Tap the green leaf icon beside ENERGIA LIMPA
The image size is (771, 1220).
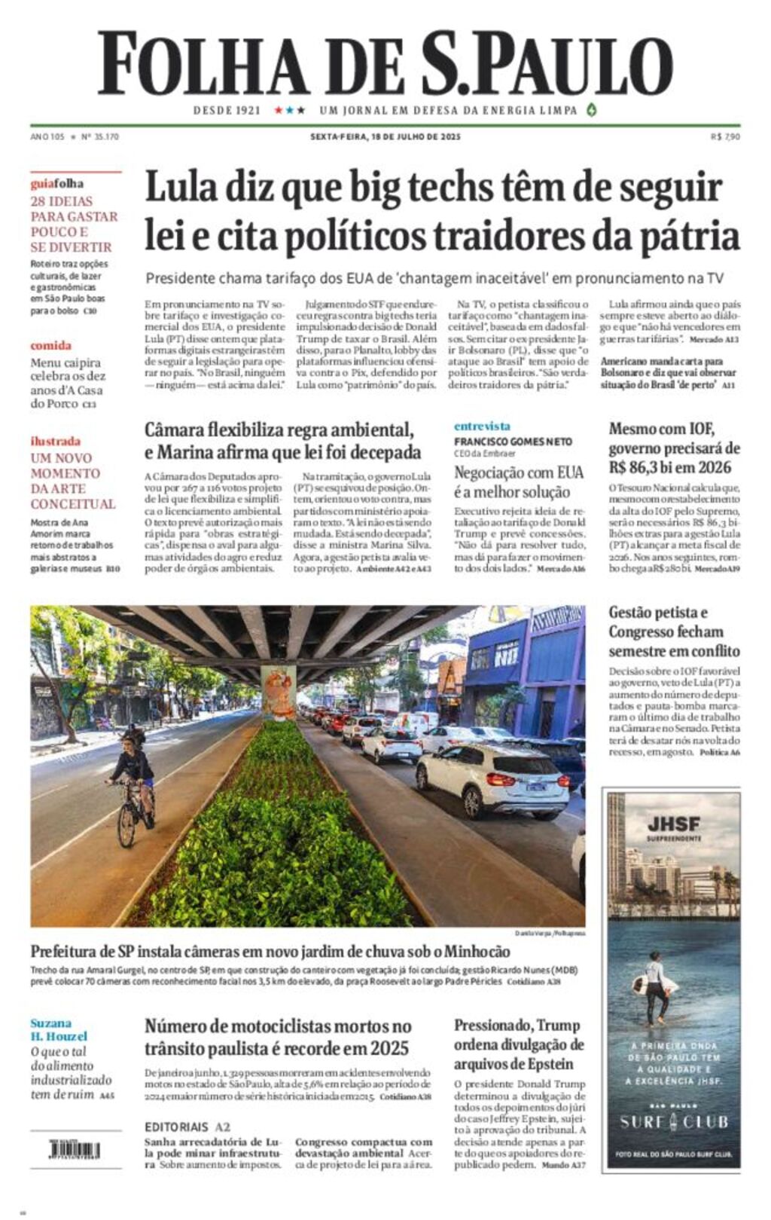(592, 110)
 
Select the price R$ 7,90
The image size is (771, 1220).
(725, 137)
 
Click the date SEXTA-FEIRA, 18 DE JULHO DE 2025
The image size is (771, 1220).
(385, 137)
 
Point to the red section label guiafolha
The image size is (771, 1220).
(57, 184)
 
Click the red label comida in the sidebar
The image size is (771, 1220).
(50, 346)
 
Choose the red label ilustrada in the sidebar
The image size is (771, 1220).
(55, 442)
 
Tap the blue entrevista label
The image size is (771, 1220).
(482, 427)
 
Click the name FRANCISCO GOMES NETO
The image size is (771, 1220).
(513, 442)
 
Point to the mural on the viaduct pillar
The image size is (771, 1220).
(278, 691)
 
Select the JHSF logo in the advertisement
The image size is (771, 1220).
(673, 824)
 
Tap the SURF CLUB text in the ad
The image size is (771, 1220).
(674, 1122)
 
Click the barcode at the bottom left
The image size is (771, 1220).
(75, 1150)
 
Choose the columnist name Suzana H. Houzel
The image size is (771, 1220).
(59, 1029)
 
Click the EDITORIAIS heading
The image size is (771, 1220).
(176, 1127)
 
